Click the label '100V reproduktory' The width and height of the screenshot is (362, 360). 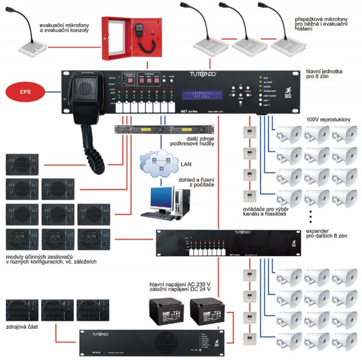(328, 120)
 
